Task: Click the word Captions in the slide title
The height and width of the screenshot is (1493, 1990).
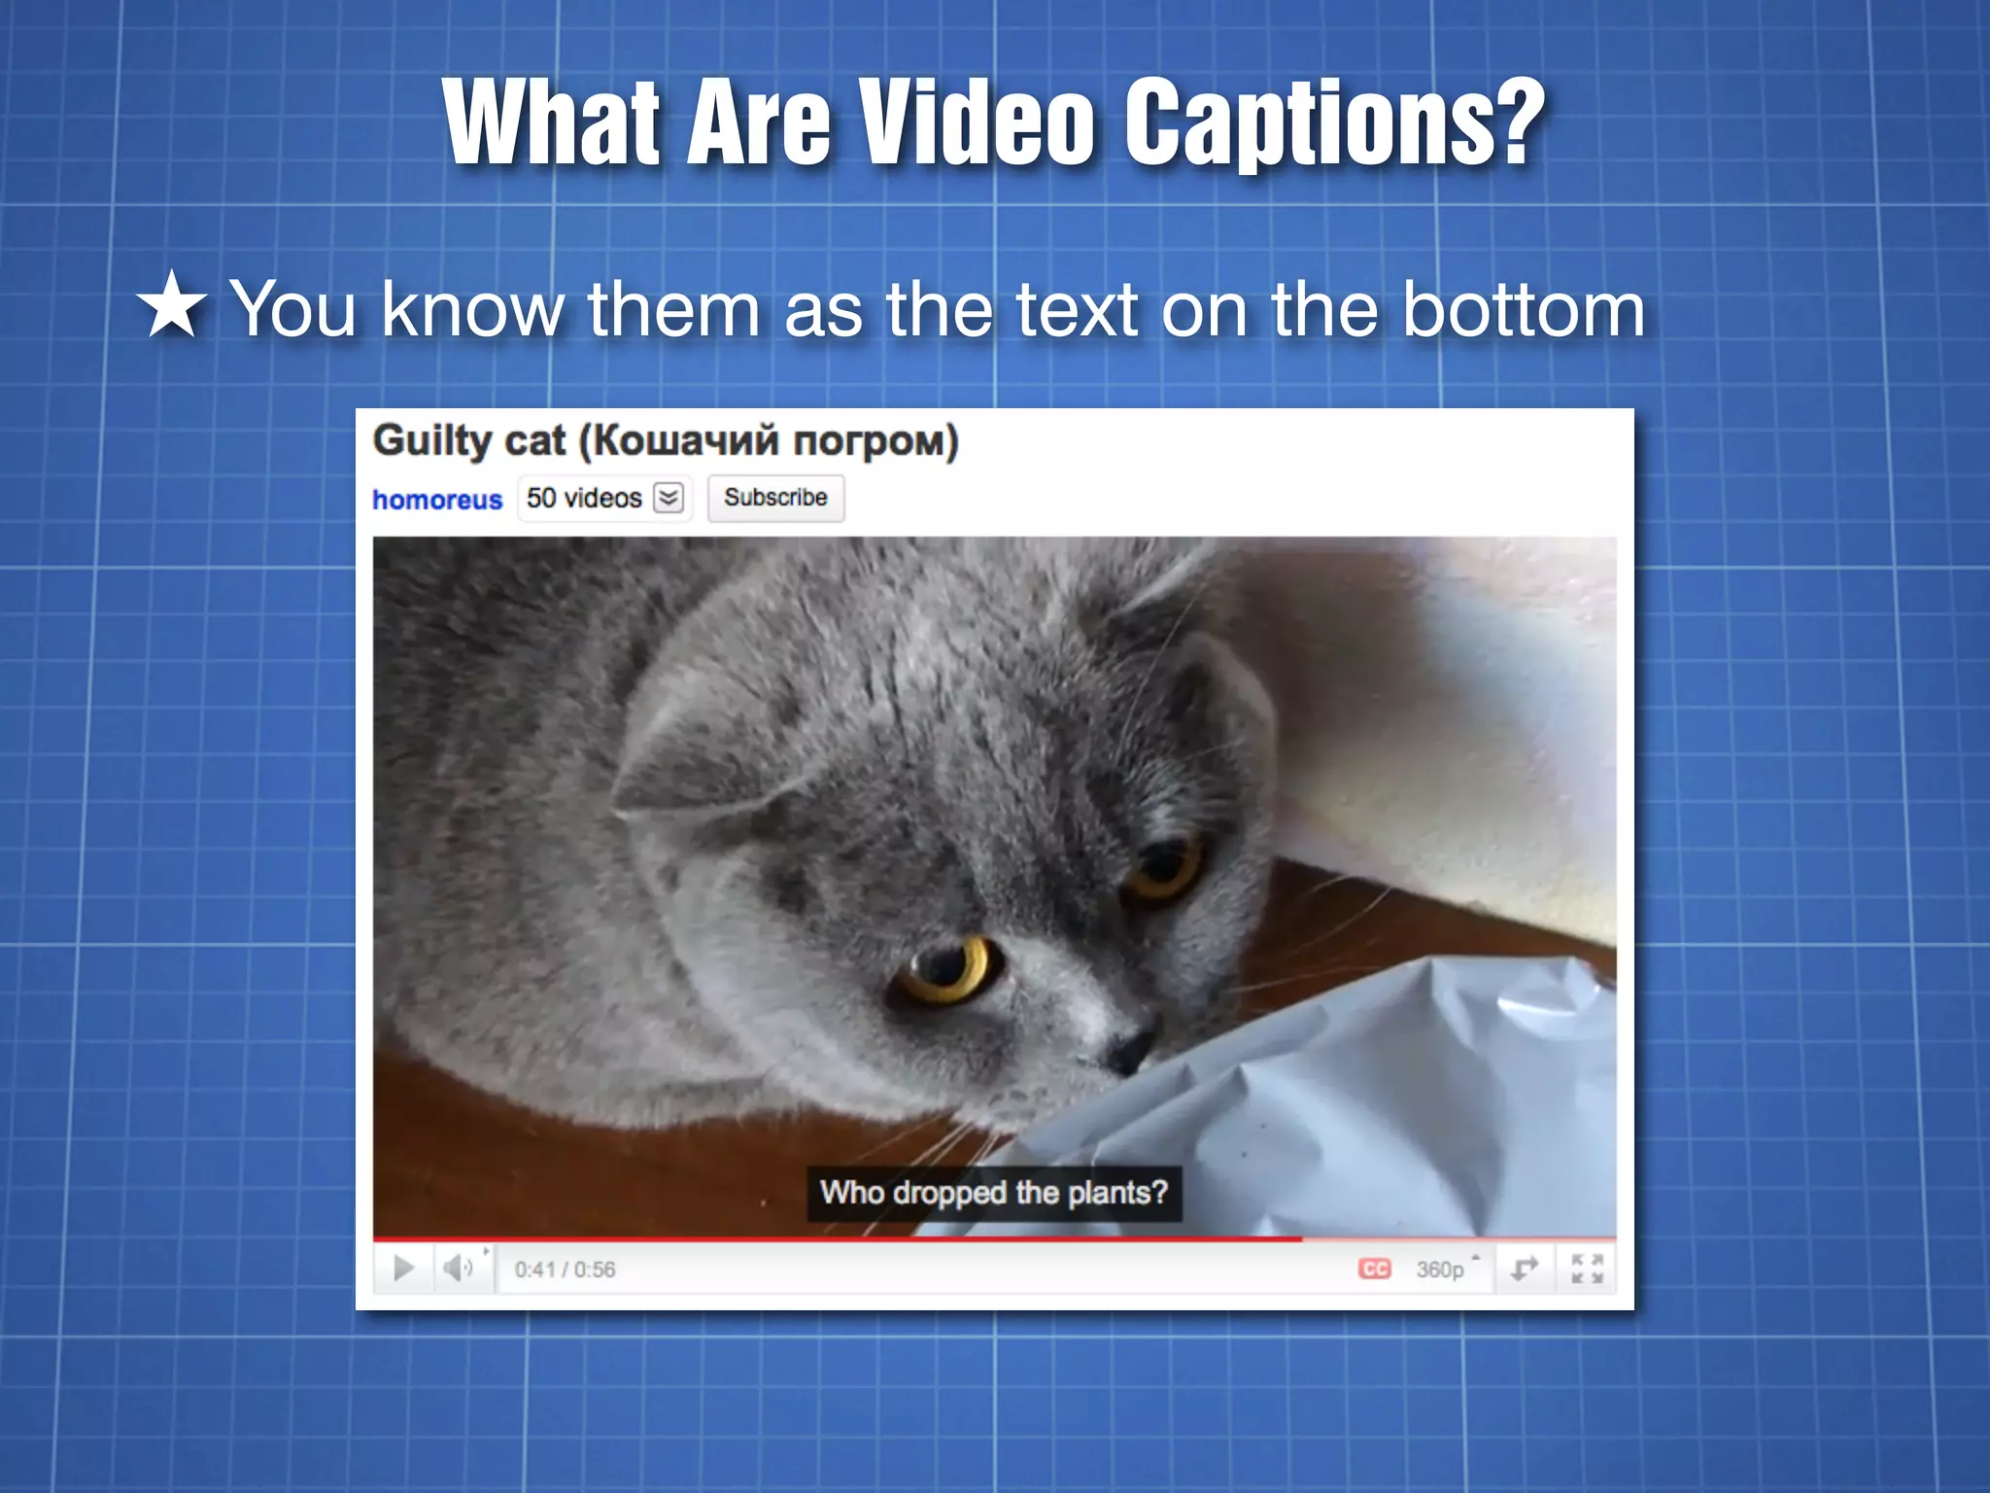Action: click(1334, 123)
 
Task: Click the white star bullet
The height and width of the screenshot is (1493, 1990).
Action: click(172, 306)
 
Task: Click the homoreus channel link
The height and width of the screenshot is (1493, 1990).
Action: click(437, 500)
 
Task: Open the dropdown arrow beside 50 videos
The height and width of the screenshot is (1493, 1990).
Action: click(669, 498)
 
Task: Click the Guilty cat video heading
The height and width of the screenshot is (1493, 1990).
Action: click(666, 440)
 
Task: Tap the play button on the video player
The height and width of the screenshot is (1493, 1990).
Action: click(403, 1268)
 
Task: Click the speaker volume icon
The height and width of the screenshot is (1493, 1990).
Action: click(458, 1268)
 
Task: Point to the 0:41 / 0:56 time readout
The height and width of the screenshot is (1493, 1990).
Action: click(565, 1269)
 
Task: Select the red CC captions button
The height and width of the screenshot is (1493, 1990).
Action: click(1374, 1268)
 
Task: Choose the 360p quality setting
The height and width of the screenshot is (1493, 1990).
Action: click(1440, 1269)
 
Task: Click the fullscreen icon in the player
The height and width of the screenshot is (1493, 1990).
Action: click(1587, 1268)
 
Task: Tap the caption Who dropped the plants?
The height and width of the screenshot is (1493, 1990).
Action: click(993, 1193)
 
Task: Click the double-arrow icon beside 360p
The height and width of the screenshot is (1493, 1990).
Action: click(1524, 1268)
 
